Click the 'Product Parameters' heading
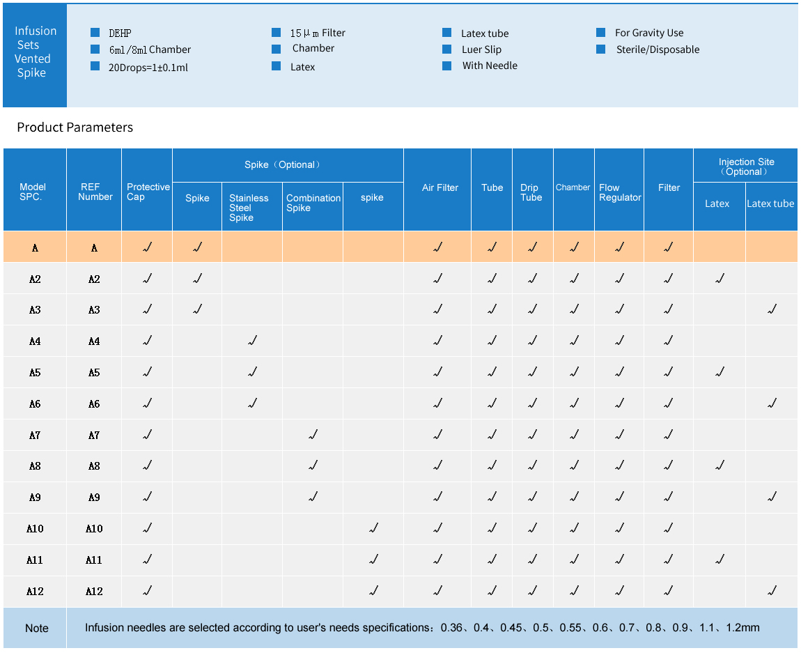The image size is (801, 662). click(x=75, y=128)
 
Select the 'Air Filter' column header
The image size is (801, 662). click(x=440, y=187)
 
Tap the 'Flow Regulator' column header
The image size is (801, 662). click(x=619, y=192)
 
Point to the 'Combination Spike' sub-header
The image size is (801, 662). click(x=313, y=203)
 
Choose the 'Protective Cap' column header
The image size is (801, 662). click(x=148, y=192)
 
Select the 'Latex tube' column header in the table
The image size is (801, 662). click(x=770, y=203)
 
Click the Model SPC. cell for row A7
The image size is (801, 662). click(x=35, y=435)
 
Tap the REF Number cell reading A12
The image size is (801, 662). click(x=94, y=591)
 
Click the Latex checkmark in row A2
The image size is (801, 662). click(x=720, y=279)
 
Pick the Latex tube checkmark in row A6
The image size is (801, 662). click(x=771, y=403)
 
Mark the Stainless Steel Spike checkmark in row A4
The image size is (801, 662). click(x=252, y=341)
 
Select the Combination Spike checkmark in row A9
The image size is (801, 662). click(x=313, y=497)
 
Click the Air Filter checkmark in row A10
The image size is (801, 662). click(x=437, y=528)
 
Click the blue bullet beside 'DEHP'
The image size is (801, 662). click(x=95, y=33)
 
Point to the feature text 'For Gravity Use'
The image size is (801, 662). click(x=648, y=33)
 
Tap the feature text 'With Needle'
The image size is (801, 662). click(x=490, y=66)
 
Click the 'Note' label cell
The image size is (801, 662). click(x=37, y=628)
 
